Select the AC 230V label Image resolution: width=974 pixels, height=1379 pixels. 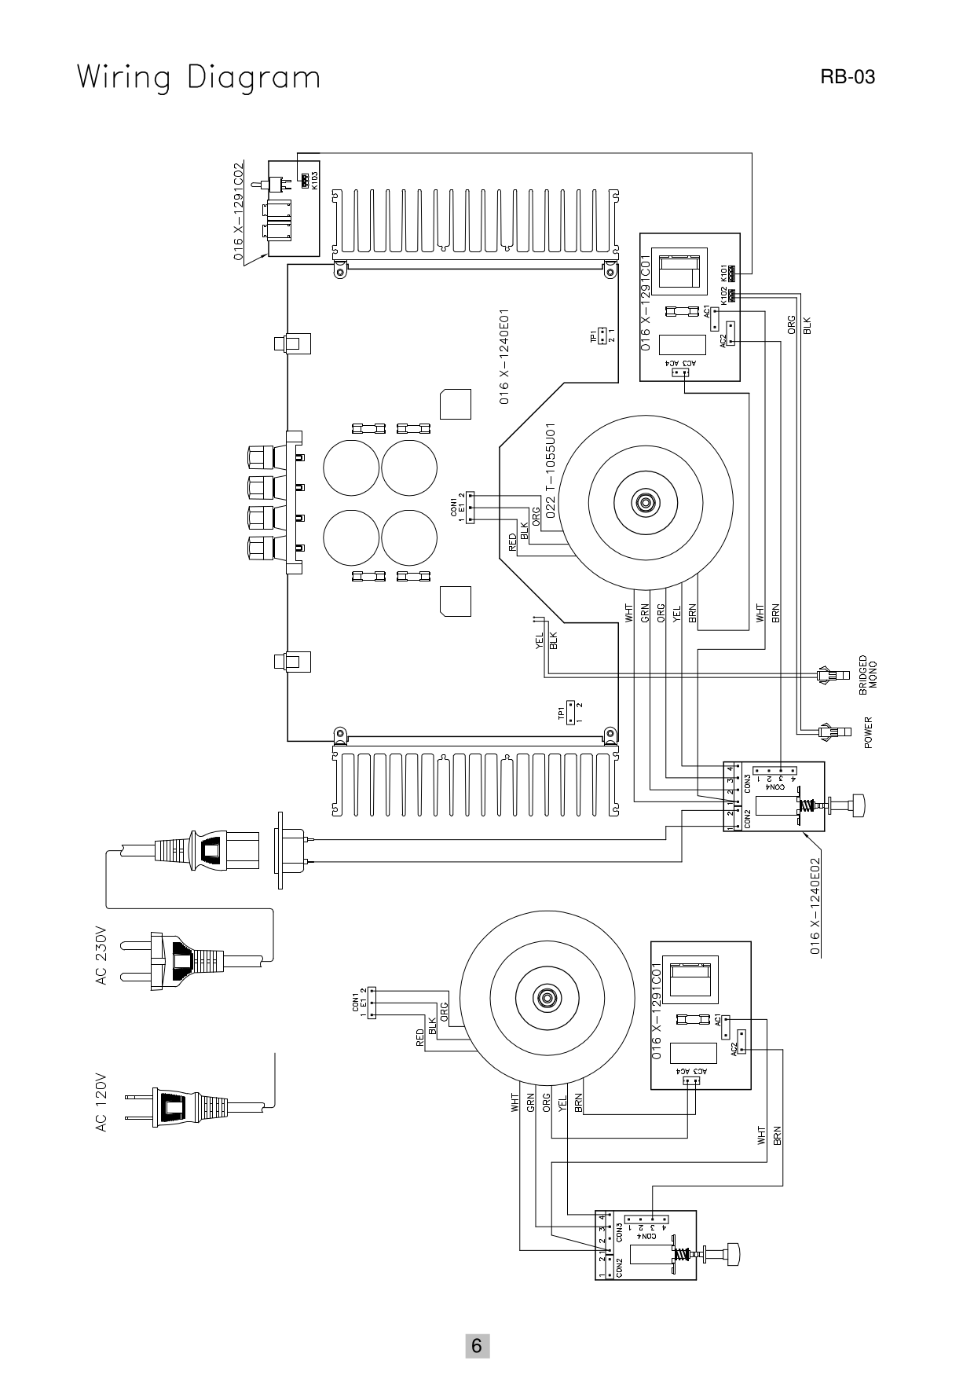(x=101, y=954)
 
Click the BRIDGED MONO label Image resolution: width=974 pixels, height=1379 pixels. (x=868, y=674)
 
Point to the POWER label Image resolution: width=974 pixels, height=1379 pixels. (x=868, y=732)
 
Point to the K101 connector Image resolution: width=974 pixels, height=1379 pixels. (x=731, y=274)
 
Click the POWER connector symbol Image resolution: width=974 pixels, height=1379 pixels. (x=827, y=732)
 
